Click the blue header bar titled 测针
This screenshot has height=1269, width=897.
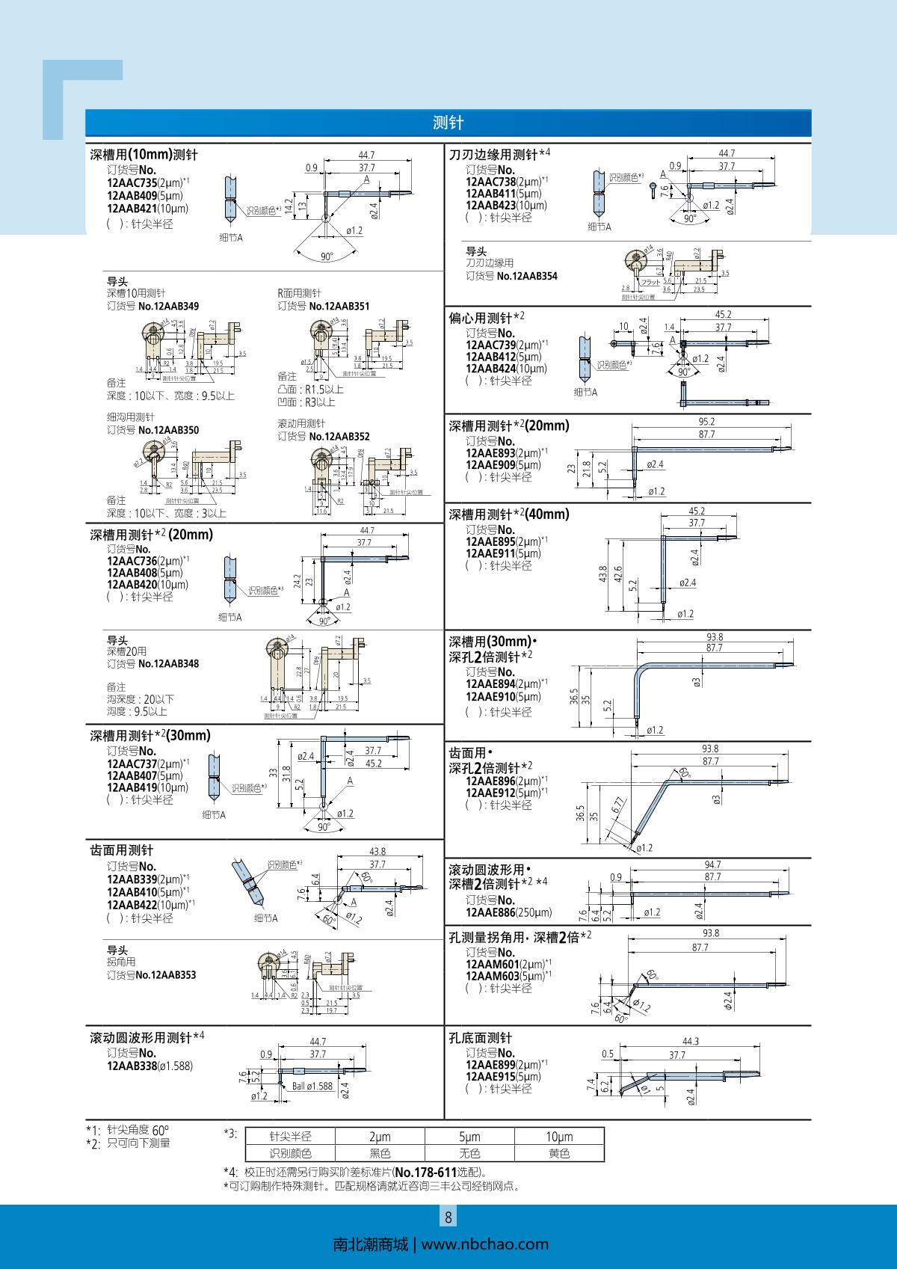click(448, 123)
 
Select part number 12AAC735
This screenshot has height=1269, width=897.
click(132, 182)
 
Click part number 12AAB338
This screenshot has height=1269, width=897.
click(132, 1066)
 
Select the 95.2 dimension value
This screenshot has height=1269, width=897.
click(706, 422)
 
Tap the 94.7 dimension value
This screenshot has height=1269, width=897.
click(712, 864)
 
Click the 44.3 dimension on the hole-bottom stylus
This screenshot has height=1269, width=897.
click(691, 1041)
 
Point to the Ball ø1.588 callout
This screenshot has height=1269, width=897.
click(312, 1086)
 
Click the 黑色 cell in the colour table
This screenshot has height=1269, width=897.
click(380, 1153)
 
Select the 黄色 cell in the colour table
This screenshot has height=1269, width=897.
click(559, 1153)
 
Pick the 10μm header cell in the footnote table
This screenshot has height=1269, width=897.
click(559, 1137)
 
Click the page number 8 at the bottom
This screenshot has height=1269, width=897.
click(449, 1217)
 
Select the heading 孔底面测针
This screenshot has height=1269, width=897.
click(481, 1038)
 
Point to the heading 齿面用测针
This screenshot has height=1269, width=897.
click(122, 850)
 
